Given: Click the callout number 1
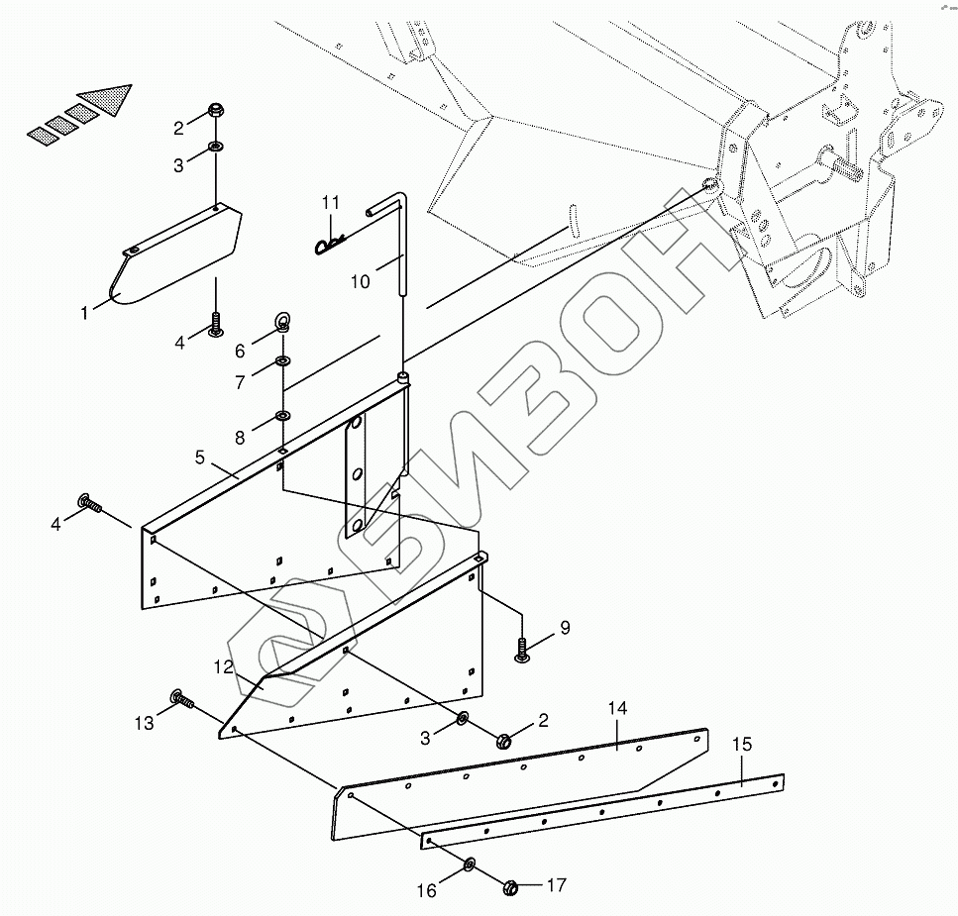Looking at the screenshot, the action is tap(85, 313).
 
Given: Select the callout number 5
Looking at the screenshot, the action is tap(200, 458).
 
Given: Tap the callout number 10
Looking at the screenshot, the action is tap(360, 282).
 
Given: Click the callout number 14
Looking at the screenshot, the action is tap(618, 709).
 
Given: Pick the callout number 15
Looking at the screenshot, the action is tap(742, 744).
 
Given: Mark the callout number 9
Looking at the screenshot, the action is tap(565, 627).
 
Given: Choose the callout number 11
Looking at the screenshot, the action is tap(331, 203).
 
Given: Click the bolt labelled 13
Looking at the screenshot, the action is tap(182, 700).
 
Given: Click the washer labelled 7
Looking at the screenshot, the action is tap(282, 360).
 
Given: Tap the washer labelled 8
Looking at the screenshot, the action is tap(282, 415).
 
